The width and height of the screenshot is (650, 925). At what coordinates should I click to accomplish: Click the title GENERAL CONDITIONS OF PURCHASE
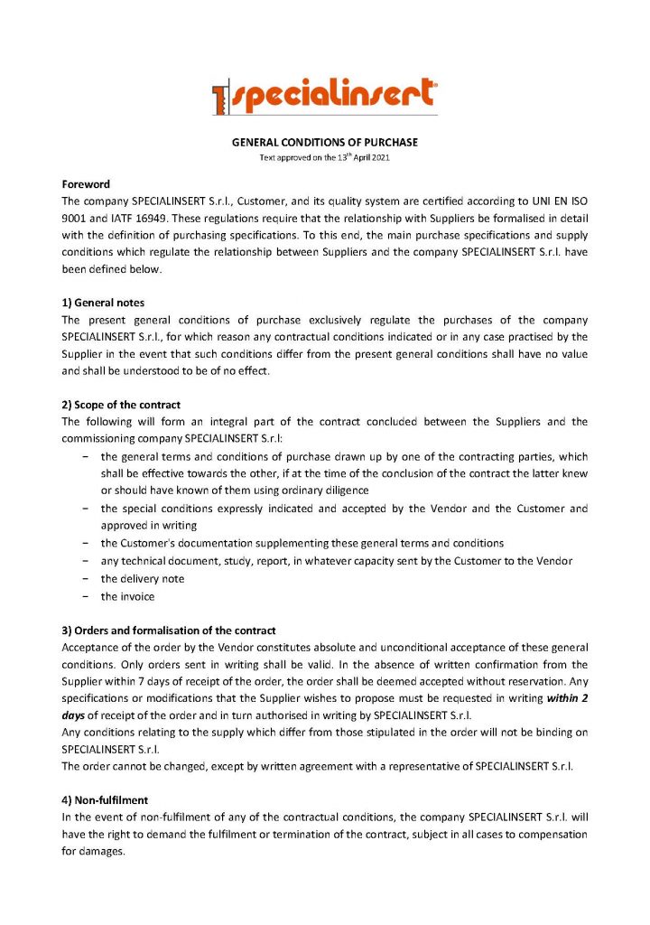(324, 143)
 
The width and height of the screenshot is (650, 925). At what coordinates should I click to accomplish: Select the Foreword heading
(85, 183)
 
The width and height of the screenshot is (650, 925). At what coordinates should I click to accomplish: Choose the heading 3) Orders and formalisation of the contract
(168, 630)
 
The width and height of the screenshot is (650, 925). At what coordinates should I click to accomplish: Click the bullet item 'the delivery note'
(142, 578)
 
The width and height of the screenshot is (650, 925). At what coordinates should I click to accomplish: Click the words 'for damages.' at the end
(92, 850)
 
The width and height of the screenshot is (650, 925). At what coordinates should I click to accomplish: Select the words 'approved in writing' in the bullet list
(145, 526)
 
